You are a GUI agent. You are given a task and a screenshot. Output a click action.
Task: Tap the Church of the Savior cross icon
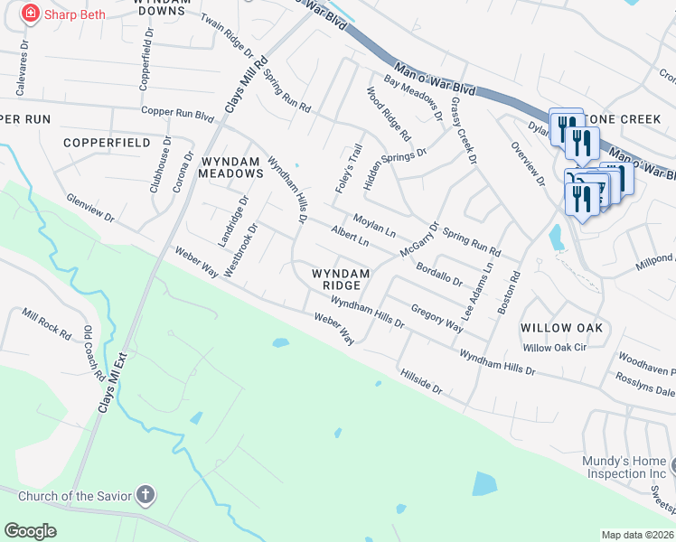coord(146,494)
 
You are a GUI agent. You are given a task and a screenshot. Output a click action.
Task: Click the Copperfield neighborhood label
coord(107,143)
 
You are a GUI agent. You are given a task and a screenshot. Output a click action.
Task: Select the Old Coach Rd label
coord(92,353)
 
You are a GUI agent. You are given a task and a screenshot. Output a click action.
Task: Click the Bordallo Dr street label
coord(439,274)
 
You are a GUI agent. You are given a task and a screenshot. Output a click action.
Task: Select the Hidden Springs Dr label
coord(394,166)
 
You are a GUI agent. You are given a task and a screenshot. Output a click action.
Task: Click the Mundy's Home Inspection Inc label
coord(624,467)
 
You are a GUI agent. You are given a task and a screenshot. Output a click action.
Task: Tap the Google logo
coord(31,531)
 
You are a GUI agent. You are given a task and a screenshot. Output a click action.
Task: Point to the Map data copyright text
coord(637,535)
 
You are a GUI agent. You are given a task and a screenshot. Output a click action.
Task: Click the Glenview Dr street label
coord(90,207)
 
